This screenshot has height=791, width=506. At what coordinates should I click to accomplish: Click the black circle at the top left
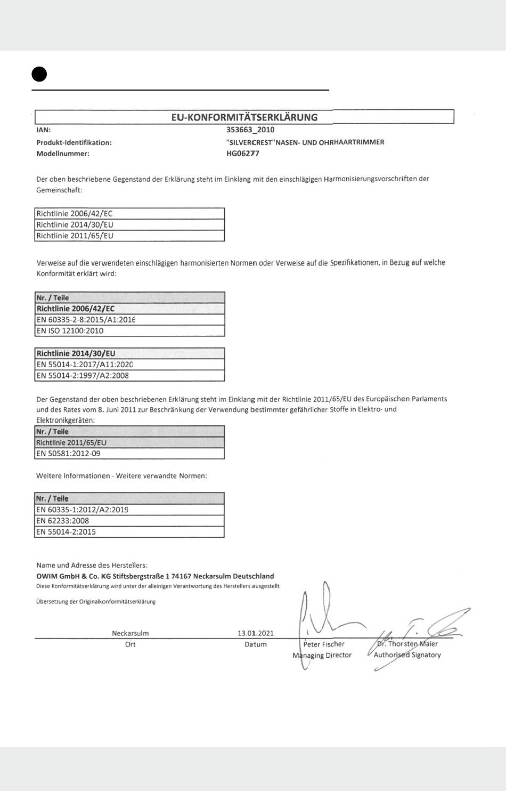[x=39, y=74]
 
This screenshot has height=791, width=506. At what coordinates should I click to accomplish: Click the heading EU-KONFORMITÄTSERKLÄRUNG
[x=244, y=117]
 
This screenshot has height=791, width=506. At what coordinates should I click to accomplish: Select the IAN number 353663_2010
[x=250, y=130]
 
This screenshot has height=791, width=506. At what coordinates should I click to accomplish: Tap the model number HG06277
[x=243, y=154]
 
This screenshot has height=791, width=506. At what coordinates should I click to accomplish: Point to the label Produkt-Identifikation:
[x=74, y=142]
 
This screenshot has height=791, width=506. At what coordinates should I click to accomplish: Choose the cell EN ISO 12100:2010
[x=70, y=330]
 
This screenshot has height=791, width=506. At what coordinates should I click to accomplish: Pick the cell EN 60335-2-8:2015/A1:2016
[x=86, y=320]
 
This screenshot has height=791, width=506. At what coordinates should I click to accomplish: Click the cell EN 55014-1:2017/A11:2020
[x=84, y=365]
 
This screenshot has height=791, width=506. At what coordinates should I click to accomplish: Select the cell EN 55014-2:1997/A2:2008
[x=83, y=375]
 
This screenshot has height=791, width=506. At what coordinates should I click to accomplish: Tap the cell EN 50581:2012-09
[x=68, y=454]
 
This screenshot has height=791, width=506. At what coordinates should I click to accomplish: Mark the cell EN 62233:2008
[x=63, y=521]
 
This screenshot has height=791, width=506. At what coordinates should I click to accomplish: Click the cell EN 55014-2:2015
[x=66, y=531]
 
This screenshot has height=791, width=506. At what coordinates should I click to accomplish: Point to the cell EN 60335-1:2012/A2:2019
[x=82, y=510]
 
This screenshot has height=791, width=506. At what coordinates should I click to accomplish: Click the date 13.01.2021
[x=256, y=633]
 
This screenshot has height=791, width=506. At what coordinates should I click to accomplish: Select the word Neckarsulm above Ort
[x=130, y=633]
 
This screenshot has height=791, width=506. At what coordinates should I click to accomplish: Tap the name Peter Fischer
[x=324, y=644]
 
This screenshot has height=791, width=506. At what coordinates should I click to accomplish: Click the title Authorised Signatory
[x=407, y=655]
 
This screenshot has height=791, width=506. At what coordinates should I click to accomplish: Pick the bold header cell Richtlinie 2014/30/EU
[x=76, y=353]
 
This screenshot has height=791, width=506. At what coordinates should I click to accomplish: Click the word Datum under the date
[x=256, y=644]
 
